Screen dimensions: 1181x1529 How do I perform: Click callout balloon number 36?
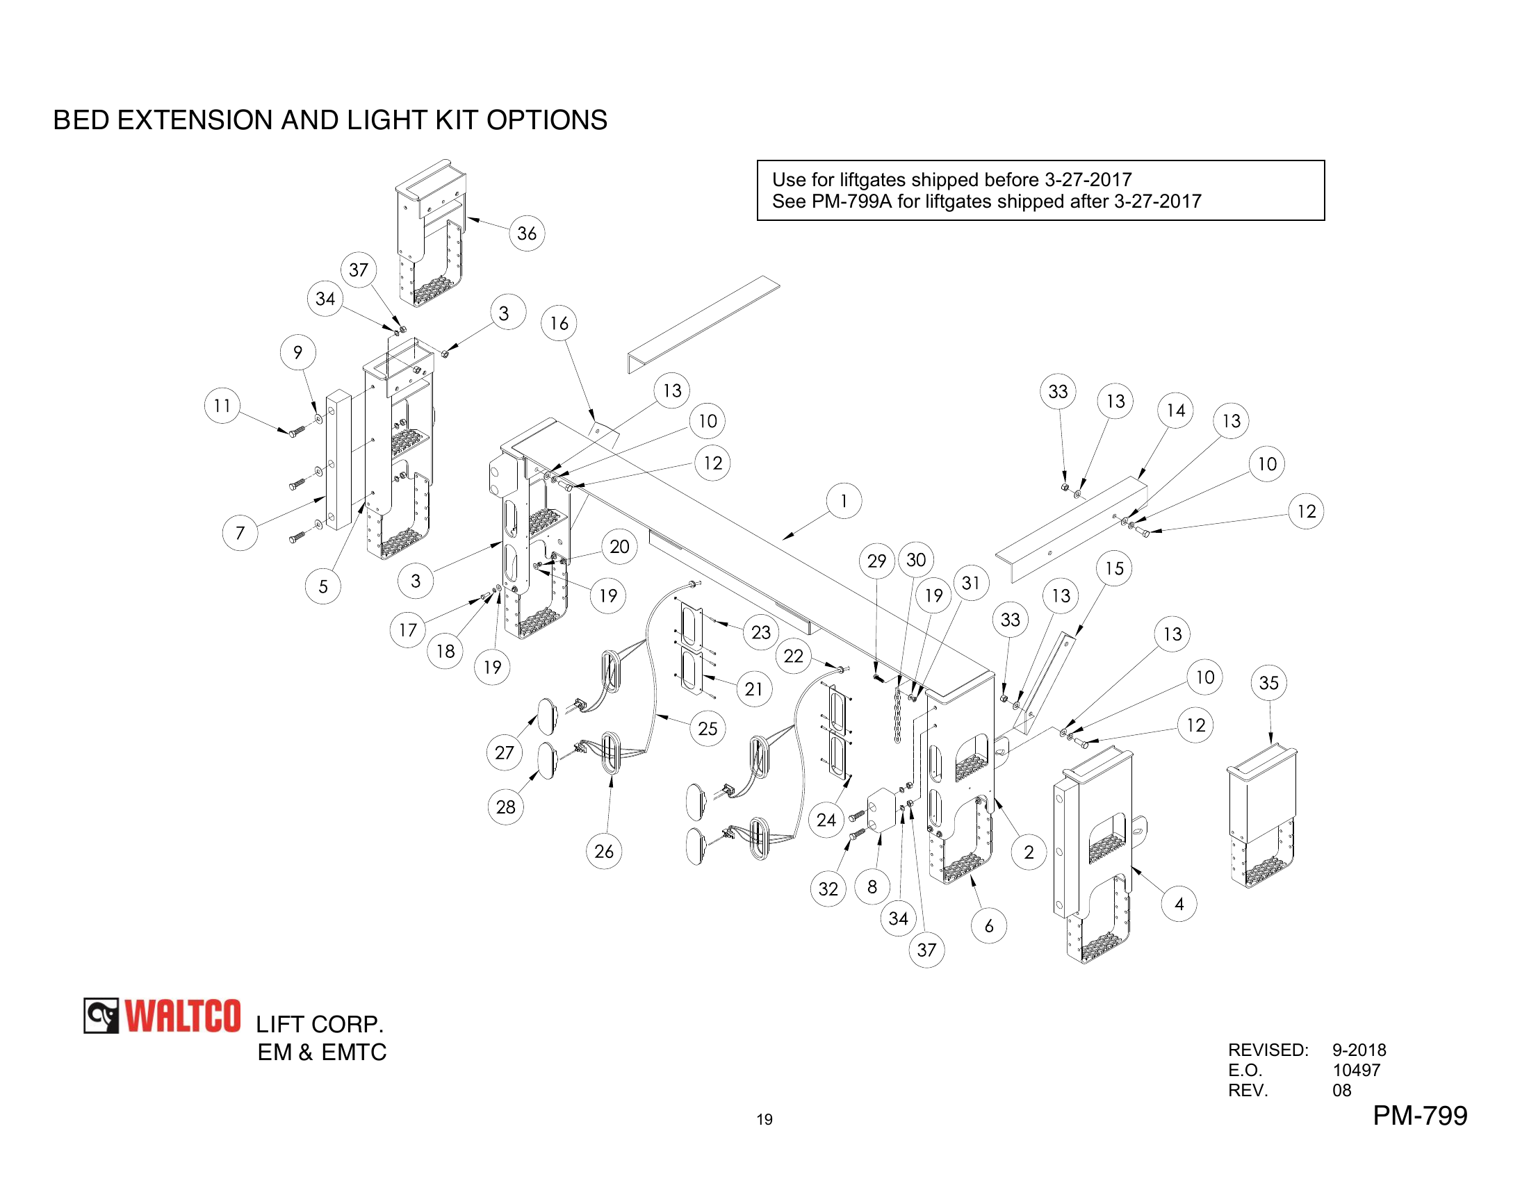click(x=527, y=233)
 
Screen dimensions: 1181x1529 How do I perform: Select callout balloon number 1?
click(x=844, y=500)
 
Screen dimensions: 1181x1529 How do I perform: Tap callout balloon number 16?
click(x=559, y=322)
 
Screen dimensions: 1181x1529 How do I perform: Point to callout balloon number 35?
click(x=1268, y=682)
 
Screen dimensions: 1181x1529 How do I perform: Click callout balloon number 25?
click(x=708, y=727)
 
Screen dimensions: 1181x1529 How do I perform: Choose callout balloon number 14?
click(x=1175, y=410)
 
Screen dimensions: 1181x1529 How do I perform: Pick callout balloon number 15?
click(x=1114, y=568)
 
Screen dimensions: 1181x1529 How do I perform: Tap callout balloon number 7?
click(x=240, y=532)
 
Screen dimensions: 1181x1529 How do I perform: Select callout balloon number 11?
click(x=222, y=405)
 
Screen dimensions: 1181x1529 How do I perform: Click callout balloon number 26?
click(x=603, y=851)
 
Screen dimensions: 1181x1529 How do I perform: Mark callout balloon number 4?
click(x=1179, y=903)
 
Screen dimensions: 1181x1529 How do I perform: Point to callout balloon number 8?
click(x=872, y=886)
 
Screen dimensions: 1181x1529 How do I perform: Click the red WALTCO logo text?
click(x=183, y=1016)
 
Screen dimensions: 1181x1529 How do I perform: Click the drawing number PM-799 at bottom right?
click(x=1419, y=1114)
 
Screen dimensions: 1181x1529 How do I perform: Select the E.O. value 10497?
click(x=1356, y=1070)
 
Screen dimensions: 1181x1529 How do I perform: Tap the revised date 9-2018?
click(x=1359, y=1050)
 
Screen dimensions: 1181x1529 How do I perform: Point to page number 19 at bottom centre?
click(x=764, y=1119)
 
